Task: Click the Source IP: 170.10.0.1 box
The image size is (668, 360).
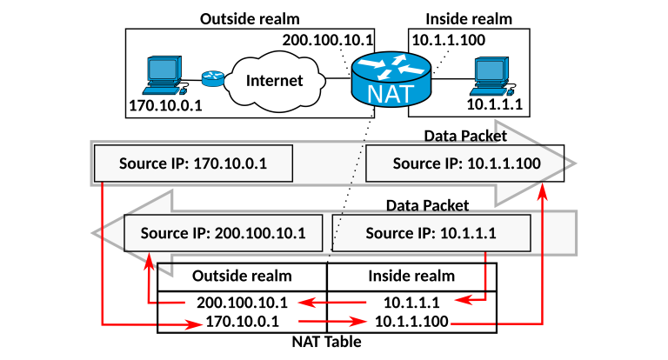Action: pyautogui.click(x=193, y=163)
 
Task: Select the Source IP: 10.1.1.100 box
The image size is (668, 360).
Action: pyautogui.click(x=466, y=163)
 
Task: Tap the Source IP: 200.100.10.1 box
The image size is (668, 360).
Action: pyautogui.click(x=224, y=233)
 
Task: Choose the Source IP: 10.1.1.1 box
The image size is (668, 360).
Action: pyautogui.click(x=431, y=233)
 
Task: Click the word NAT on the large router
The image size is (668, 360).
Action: pyautogui.click(x=391, y=92)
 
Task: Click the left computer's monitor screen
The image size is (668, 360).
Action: pyautogui.click(x=162, y=70)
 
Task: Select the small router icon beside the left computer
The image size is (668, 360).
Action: pyautogui.click(x=213, y=79)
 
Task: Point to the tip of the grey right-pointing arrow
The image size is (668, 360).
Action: pyautogui.click(x=570, y=163)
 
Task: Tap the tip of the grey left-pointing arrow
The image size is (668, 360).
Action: pyautogui.click(x=99, y=233)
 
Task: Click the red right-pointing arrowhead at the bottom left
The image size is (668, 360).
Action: pyautogui.click(x=195, y=325)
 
